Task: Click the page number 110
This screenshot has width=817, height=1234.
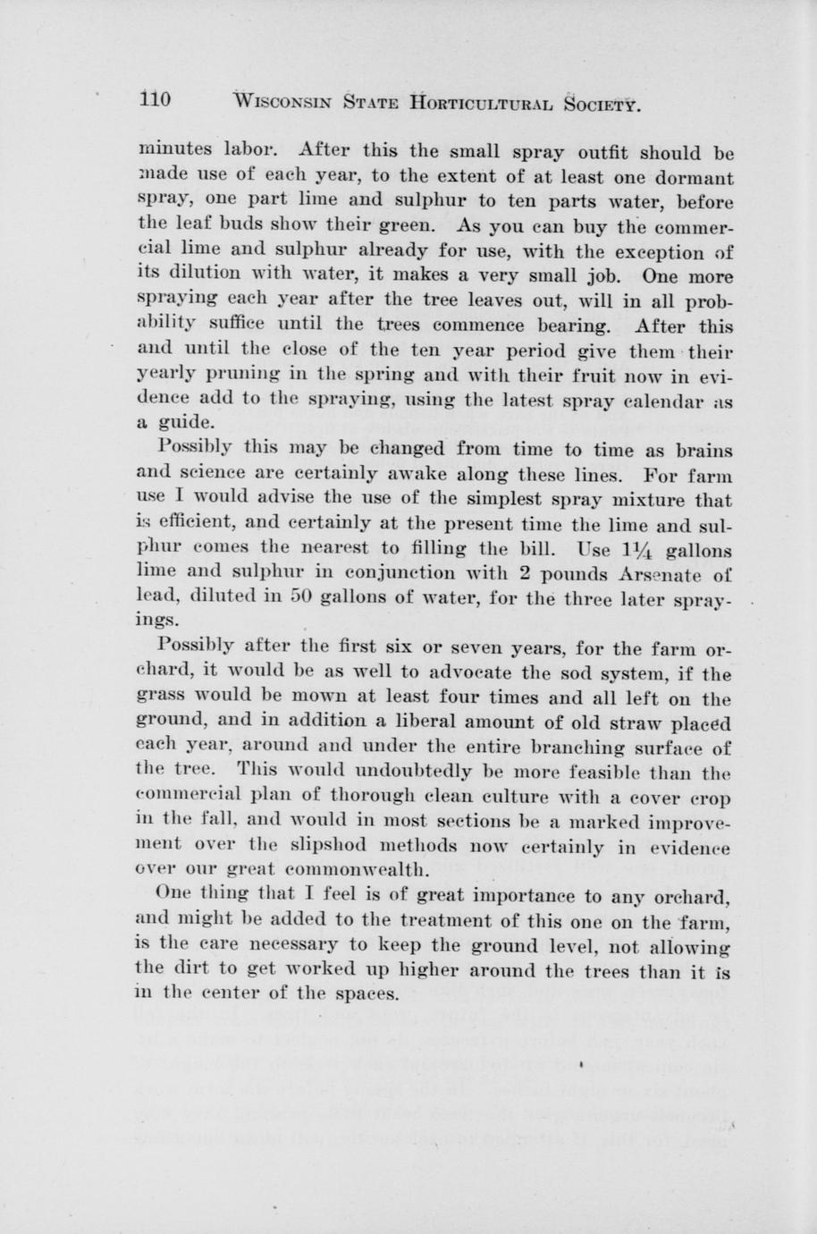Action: click(x=156, y=98)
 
